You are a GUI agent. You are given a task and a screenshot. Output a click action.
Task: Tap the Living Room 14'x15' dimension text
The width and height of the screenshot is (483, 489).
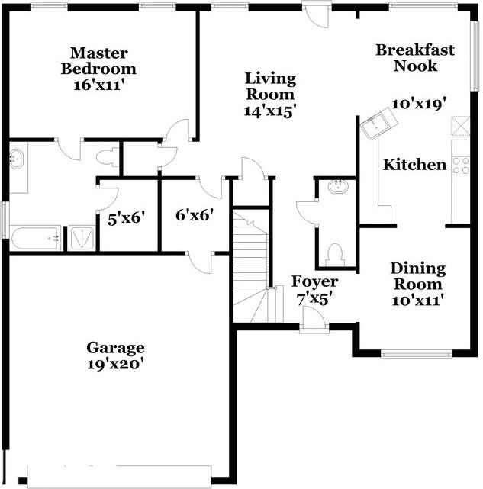click(x=270, y=111)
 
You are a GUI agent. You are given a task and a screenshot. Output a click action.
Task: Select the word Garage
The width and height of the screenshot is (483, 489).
click(x=115, y=348)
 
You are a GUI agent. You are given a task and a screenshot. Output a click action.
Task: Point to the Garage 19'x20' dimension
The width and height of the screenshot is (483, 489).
click(x=115, y=364)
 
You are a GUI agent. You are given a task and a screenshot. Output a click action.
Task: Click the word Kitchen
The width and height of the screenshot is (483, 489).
click(x=414, y=165)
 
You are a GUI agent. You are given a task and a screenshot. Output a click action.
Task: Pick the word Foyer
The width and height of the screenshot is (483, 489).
click(x=314, y=282)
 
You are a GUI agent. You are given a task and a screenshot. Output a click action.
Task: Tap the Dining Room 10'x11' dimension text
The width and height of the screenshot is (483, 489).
click(x=418, y=301)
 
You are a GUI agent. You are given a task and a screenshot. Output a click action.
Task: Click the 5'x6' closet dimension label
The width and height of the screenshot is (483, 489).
click(x=127, y=218)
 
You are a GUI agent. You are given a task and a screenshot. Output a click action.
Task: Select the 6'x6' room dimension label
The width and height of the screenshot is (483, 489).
click(x=195, y=215)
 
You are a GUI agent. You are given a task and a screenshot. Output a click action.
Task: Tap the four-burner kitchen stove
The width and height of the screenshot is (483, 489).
click(x=461, y=166)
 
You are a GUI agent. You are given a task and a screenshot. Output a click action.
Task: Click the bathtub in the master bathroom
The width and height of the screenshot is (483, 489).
click(x=36, y=238)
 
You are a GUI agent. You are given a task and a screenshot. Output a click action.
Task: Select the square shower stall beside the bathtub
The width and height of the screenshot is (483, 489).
click(x=82, y=238)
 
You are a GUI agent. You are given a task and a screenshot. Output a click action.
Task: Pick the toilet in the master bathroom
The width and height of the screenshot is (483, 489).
click(x=107, y=156)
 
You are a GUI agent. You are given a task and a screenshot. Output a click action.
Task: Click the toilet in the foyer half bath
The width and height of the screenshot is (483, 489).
click(x=336, y=255)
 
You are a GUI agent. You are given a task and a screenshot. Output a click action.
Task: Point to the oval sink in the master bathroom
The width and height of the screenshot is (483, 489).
click(x=16, y=159)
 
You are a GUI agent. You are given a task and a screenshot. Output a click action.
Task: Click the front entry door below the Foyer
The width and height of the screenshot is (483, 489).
click(x=314, y=318)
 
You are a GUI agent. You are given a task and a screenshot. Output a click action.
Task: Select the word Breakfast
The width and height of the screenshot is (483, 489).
click(x=415, y=50)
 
